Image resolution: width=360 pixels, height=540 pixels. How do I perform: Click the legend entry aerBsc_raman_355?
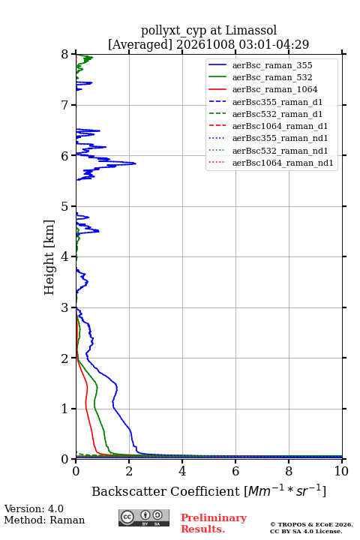[x=272, y=65]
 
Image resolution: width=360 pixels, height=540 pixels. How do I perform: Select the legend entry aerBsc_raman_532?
[x=272, y=77]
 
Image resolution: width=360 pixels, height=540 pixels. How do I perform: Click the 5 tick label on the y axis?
[x=64, y=206]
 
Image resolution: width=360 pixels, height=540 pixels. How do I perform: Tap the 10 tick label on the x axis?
[x=341, y=471]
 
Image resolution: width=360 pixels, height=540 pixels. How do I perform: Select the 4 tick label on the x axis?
[x=182, y=471]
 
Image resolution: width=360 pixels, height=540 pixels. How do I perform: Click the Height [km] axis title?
[x=49, y=257]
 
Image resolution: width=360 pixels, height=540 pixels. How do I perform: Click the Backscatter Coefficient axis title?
[x=208, y=490]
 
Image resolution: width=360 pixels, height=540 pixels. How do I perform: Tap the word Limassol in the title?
[x=250, y=31]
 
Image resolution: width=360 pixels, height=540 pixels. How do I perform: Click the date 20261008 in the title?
[x=205, y=44]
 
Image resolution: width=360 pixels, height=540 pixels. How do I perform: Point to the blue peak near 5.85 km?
[x=136, y=163]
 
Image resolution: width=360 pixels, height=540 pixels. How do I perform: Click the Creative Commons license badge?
[x=144, y=517]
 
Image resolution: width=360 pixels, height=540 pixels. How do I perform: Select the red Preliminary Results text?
[x=214, y=523]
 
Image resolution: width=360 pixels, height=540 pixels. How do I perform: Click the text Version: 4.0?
[x=34, y=508]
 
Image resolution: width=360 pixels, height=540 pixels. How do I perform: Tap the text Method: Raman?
[x=44, y=520]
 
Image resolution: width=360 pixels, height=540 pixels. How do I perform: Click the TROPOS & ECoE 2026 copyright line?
[x=311, y=524]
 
